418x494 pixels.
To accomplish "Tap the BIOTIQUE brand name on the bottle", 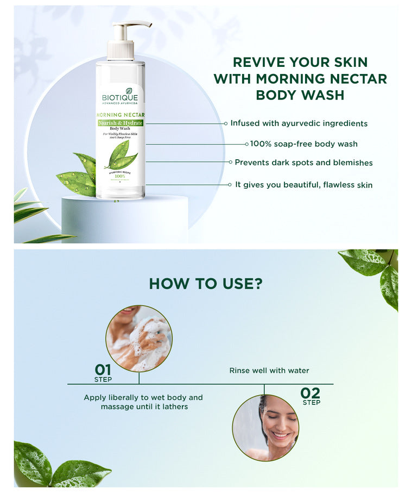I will [x=120, y=98].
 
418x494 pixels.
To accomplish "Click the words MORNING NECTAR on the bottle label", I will [x=120, y=115].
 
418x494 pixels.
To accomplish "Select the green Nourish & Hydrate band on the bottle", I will [x=120, y=123].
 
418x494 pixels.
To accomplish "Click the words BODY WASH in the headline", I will [x=300, y=95].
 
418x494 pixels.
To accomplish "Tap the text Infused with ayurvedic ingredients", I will [x=299, y=123].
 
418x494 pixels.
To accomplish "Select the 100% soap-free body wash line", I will [x=303, y=144].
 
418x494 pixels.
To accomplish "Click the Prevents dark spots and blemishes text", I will [x=303, y=162].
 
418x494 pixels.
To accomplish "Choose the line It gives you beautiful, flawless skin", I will [x=303, y=185].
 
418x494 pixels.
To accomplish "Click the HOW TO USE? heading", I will [x=206, y=284].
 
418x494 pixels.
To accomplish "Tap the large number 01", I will [x=103, y=370].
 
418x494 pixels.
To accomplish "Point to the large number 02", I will [x=311, y=393].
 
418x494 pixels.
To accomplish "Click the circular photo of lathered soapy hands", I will [x=139, y=338].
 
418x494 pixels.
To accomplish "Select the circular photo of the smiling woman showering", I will [x=265, y=428].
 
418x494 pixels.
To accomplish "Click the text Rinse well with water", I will [x=269, y=371].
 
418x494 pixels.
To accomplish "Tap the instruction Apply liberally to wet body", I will [x=143, y=398].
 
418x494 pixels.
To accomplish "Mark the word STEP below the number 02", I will [x=312, y=403].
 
